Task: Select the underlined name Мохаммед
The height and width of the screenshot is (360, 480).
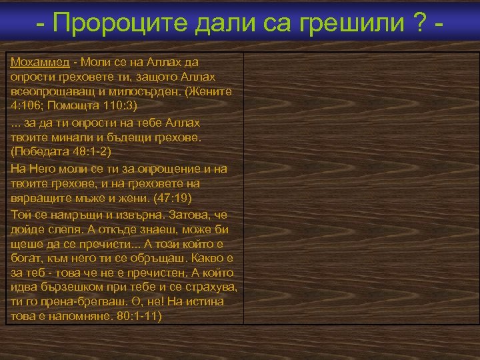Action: coord(40,62)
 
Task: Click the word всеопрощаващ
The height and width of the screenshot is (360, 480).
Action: coord(51,93)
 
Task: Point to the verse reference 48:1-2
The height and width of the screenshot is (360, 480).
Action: coord(87,153)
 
